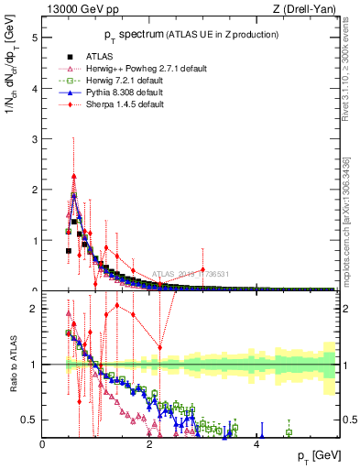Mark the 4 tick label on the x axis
coord(256,444)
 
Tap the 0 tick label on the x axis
coord(43,444)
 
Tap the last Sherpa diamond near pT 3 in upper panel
coord(202,269)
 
